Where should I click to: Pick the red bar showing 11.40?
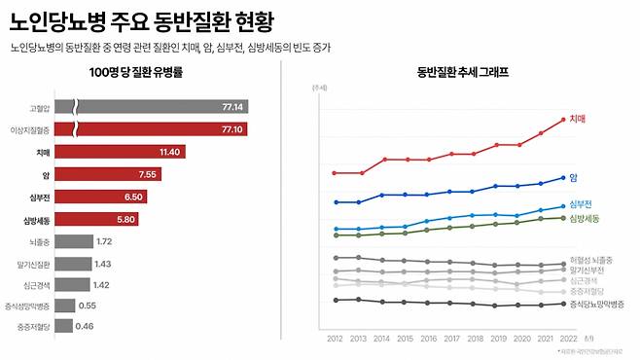[120, 152]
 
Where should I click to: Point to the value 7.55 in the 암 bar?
[148, 174]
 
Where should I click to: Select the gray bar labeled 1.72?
[73, 240]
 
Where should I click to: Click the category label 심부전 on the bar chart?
[40, 197]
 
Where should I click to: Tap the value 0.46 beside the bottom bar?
[85, 326]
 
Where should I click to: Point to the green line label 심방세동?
[584, 218]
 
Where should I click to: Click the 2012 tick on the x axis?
[335, 338]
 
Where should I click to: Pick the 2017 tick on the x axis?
[449, 338]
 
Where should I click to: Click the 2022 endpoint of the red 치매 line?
[562, 120]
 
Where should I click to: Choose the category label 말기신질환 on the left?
[33, 263]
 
